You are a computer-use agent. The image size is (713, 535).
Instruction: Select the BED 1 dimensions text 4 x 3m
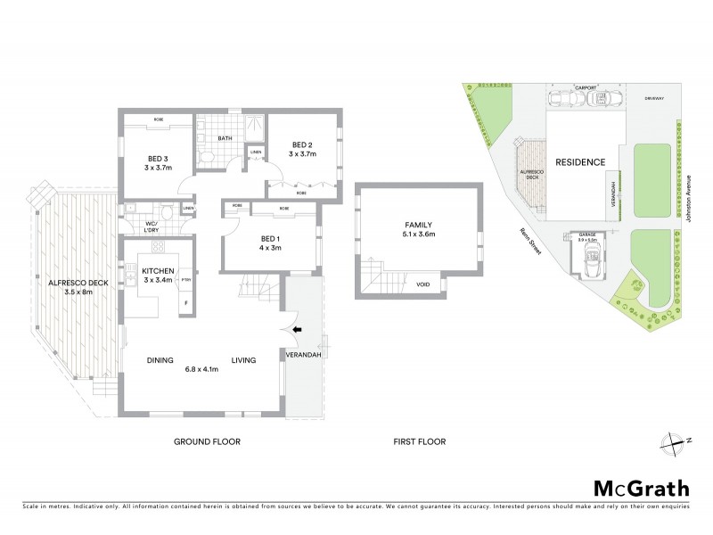(271, 249)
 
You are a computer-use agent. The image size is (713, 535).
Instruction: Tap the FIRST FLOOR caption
(419, 441)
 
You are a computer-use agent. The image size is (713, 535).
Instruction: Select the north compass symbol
(675, 440)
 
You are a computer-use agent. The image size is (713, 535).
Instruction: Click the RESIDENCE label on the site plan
(580, 162)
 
